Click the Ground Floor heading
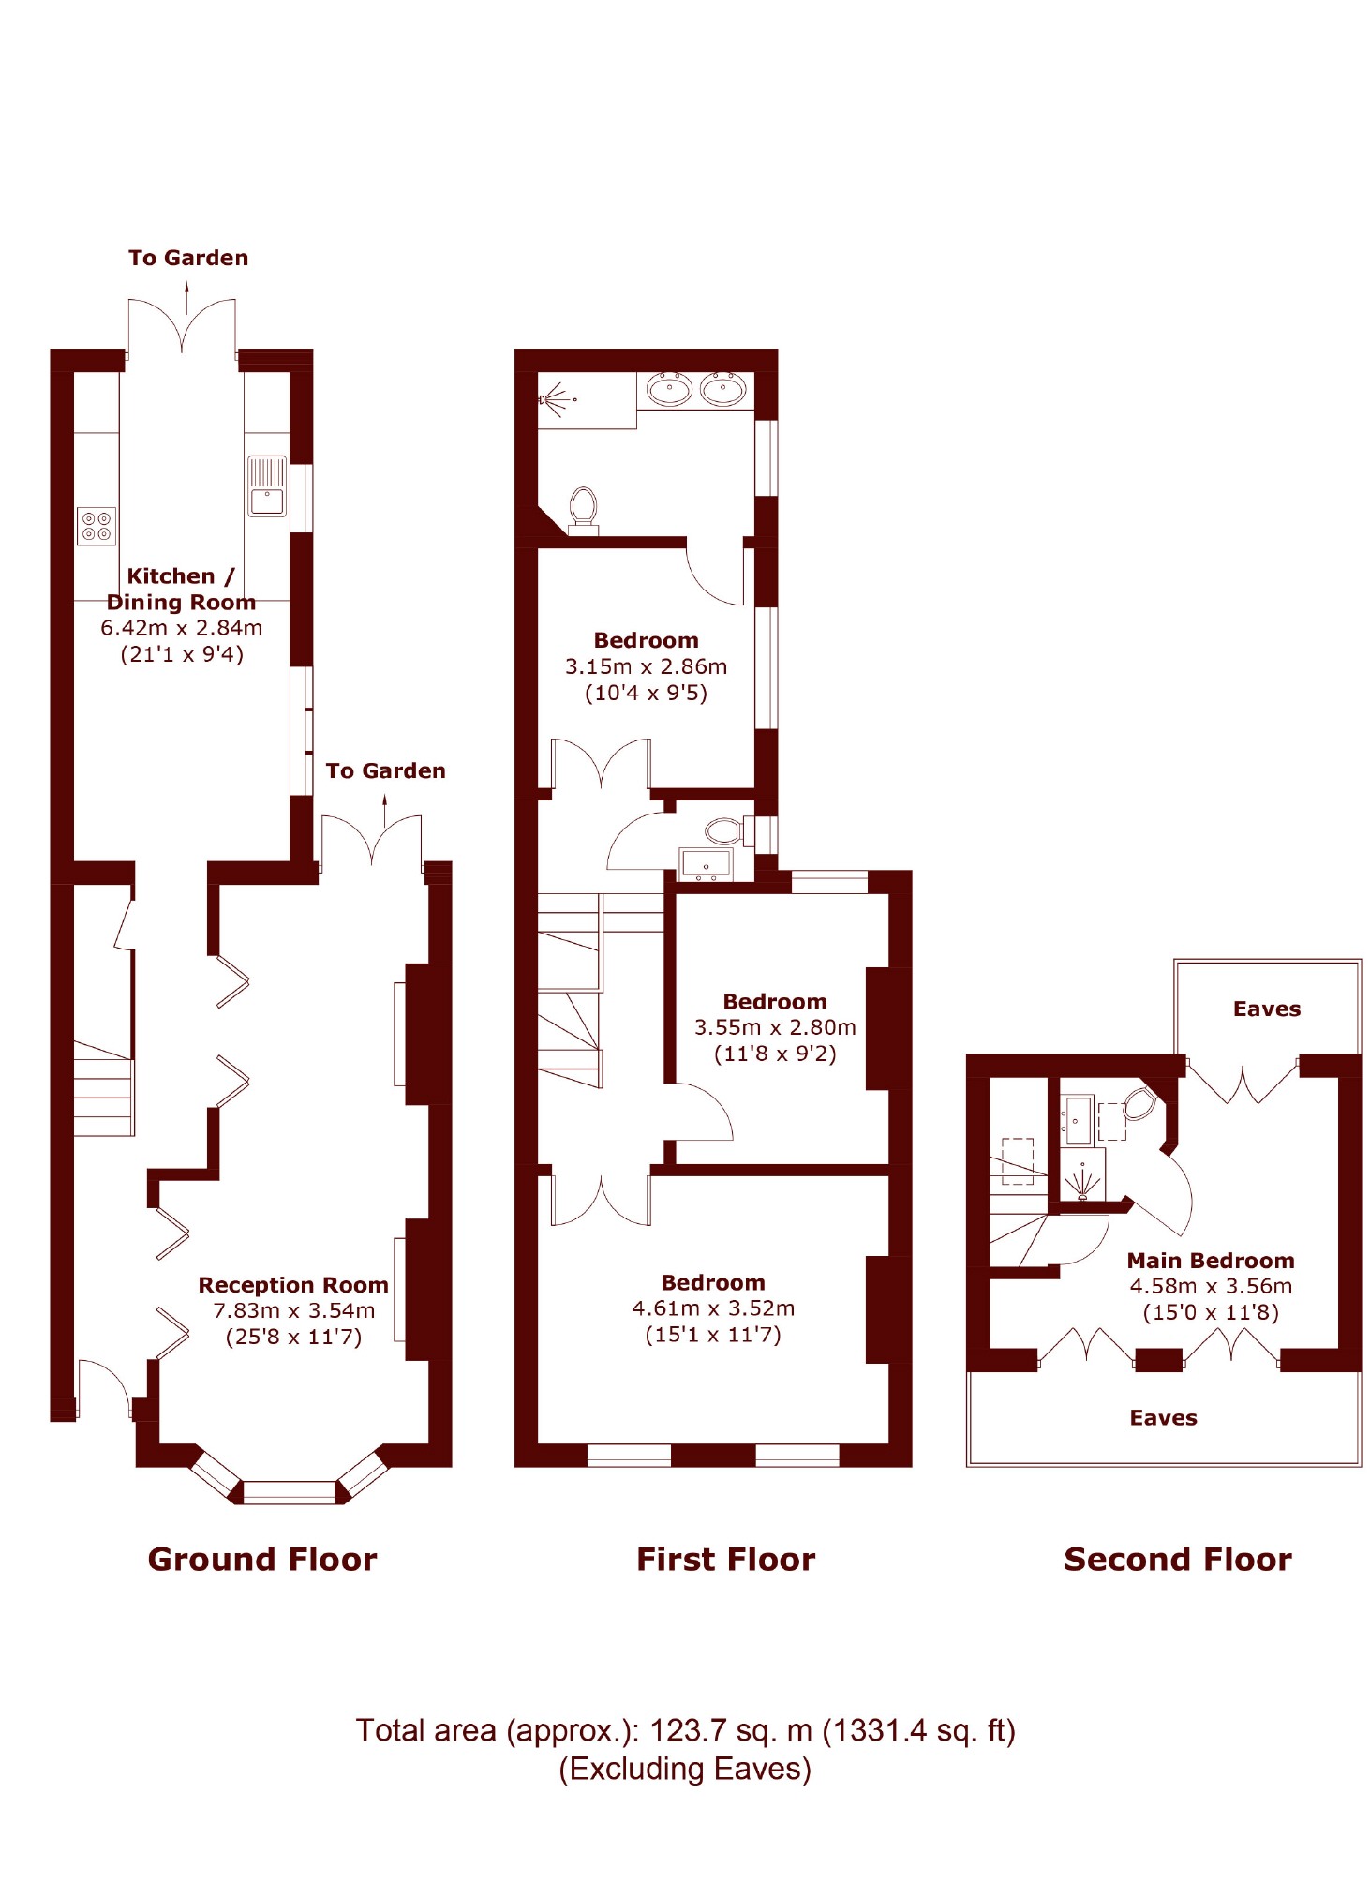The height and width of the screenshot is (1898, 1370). [x=261, y=1559]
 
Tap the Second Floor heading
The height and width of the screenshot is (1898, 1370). [x=1177, y=1559]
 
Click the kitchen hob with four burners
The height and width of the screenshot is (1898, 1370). [x=96, y=526]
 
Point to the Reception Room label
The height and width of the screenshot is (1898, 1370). [x=292, y=1284]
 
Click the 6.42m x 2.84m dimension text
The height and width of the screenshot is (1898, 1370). [x=181, y=628]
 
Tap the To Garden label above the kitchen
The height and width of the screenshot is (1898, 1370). [x=188, y=258]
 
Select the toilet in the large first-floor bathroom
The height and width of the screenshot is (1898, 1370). [x=583, y=506]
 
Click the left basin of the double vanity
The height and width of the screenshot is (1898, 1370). [x=669, y=388]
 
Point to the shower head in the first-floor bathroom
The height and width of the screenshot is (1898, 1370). [x=554, y=399]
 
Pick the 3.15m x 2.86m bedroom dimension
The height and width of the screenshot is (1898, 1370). [x=646, y=666]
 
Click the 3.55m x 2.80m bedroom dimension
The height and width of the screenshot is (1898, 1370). [x=775, y=1027]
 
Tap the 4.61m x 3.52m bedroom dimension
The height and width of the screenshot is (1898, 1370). [x=713, y=1308]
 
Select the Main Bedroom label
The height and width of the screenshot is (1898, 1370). [x=1210, y=1261]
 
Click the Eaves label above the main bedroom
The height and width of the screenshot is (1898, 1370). [x=1266, y=1009]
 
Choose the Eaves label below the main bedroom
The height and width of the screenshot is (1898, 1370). [x=1163, y=1418]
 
